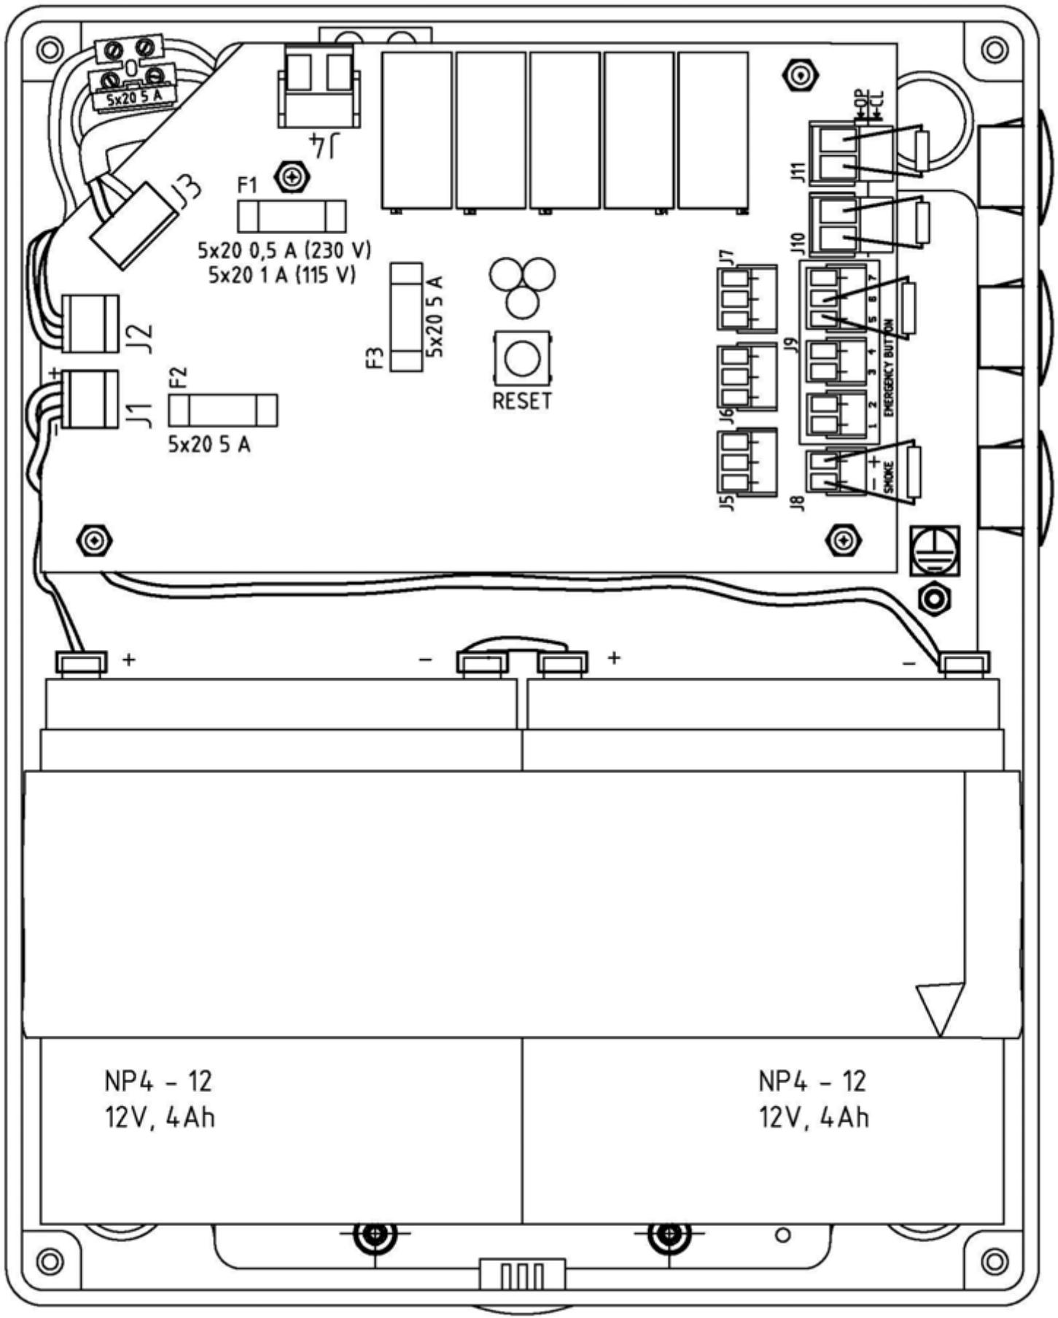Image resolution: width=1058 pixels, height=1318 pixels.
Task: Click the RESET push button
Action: pos(522,360)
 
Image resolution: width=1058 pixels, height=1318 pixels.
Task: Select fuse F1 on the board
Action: pos(292,217)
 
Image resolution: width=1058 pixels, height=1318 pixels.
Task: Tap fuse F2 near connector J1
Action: pos(222,411)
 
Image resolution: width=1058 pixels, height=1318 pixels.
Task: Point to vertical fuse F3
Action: pos(407,317)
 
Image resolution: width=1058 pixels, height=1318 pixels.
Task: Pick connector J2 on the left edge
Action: pos(90,322)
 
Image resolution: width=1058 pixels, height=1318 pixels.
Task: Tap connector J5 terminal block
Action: pos(746,464)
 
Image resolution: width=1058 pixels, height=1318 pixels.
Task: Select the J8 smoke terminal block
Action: pos(825,472)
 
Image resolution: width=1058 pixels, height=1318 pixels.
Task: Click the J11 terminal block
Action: pos(834,152)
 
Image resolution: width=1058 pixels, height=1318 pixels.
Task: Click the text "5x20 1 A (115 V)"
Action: pos(282,276)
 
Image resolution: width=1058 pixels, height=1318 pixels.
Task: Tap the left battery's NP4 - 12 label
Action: pos(158,1082)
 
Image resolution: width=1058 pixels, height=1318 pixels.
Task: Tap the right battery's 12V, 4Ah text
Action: pos(814,1117)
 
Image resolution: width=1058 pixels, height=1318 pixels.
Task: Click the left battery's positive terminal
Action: pos(81,662)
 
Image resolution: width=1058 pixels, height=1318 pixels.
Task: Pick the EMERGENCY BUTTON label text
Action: pos(889,368)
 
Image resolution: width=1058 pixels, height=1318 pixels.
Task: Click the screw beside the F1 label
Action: pos(292,176)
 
